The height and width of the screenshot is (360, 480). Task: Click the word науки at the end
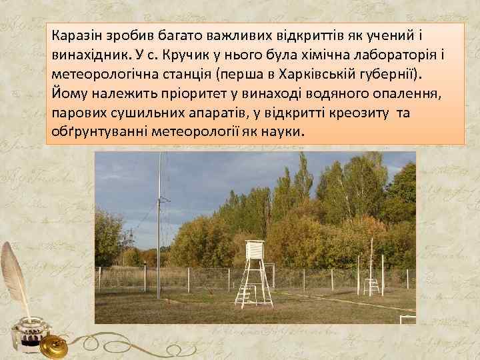point(283,131)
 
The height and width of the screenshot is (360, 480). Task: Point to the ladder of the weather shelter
point(247,293)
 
